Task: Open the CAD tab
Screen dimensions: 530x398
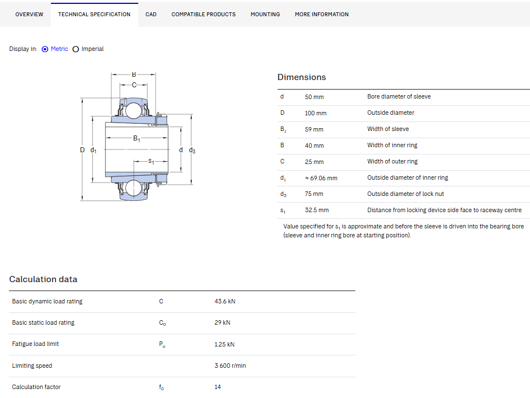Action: (x=151, y=14)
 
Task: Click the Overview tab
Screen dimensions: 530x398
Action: (x=29, y=14)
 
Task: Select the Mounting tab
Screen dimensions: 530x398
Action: (x=265, y=14)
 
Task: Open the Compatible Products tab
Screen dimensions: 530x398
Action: (x=204, y=14)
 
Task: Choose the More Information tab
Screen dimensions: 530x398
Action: (x=321, y=14)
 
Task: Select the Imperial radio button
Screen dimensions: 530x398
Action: (x=76, y=49)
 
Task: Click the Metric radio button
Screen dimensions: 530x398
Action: (x=45, y=49)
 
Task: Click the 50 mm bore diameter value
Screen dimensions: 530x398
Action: (x=314, y=97)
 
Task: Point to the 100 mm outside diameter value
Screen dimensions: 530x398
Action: (x=315, y=113)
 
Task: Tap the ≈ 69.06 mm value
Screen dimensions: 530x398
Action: (x=321, y=178)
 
